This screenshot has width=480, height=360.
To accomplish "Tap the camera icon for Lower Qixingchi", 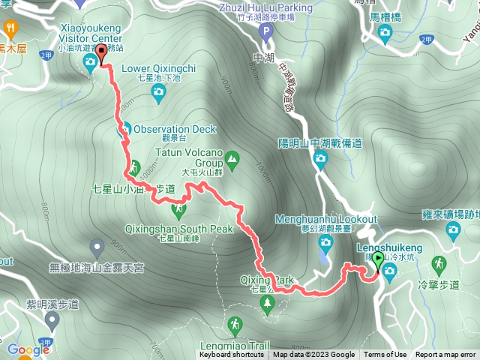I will pos(158,91).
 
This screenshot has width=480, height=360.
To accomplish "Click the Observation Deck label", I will pos(175,129).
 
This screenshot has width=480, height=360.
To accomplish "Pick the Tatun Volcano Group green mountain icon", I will pos(232,158).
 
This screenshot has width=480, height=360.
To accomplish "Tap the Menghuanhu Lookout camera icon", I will pos(325,241).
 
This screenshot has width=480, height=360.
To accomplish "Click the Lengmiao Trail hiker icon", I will pos(235,324).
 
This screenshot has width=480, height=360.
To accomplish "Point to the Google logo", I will pos(28,349).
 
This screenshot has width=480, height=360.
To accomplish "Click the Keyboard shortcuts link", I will pos(232,355).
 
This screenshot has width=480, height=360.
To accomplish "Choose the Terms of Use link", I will pos(385,355).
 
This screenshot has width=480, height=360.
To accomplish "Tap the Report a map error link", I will pos(446,355).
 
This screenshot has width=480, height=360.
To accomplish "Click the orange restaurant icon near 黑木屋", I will pos(10,29).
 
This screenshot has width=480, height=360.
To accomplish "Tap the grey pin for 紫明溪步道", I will pos(52,320).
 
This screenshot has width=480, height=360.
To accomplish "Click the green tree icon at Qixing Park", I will pos(268,302).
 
